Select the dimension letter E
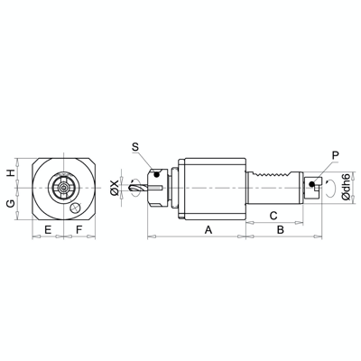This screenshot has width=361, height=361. tap(46, 230)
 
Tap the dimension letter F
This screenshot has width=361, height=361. tap(79, 230)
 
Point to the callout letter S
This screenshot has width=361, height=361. tap(134, 146)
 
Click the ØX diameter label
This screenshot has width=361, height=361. tap(113, 189)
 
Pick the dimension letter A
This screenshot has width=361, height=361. tap(208, 230)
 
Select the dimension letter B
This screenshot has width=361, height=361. tap(281, 230)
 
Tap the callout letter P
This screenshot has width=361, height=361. tap(336, 155)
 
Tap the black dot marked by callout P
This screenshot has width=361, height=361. tap(312, 185)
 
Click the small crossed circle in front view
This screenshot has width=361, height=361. tap(77, 209)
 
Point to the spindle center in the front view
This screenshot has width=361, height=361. tap(62, 190)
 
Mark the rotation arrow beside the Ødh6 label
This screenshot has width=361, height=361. tap(331, 190)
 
